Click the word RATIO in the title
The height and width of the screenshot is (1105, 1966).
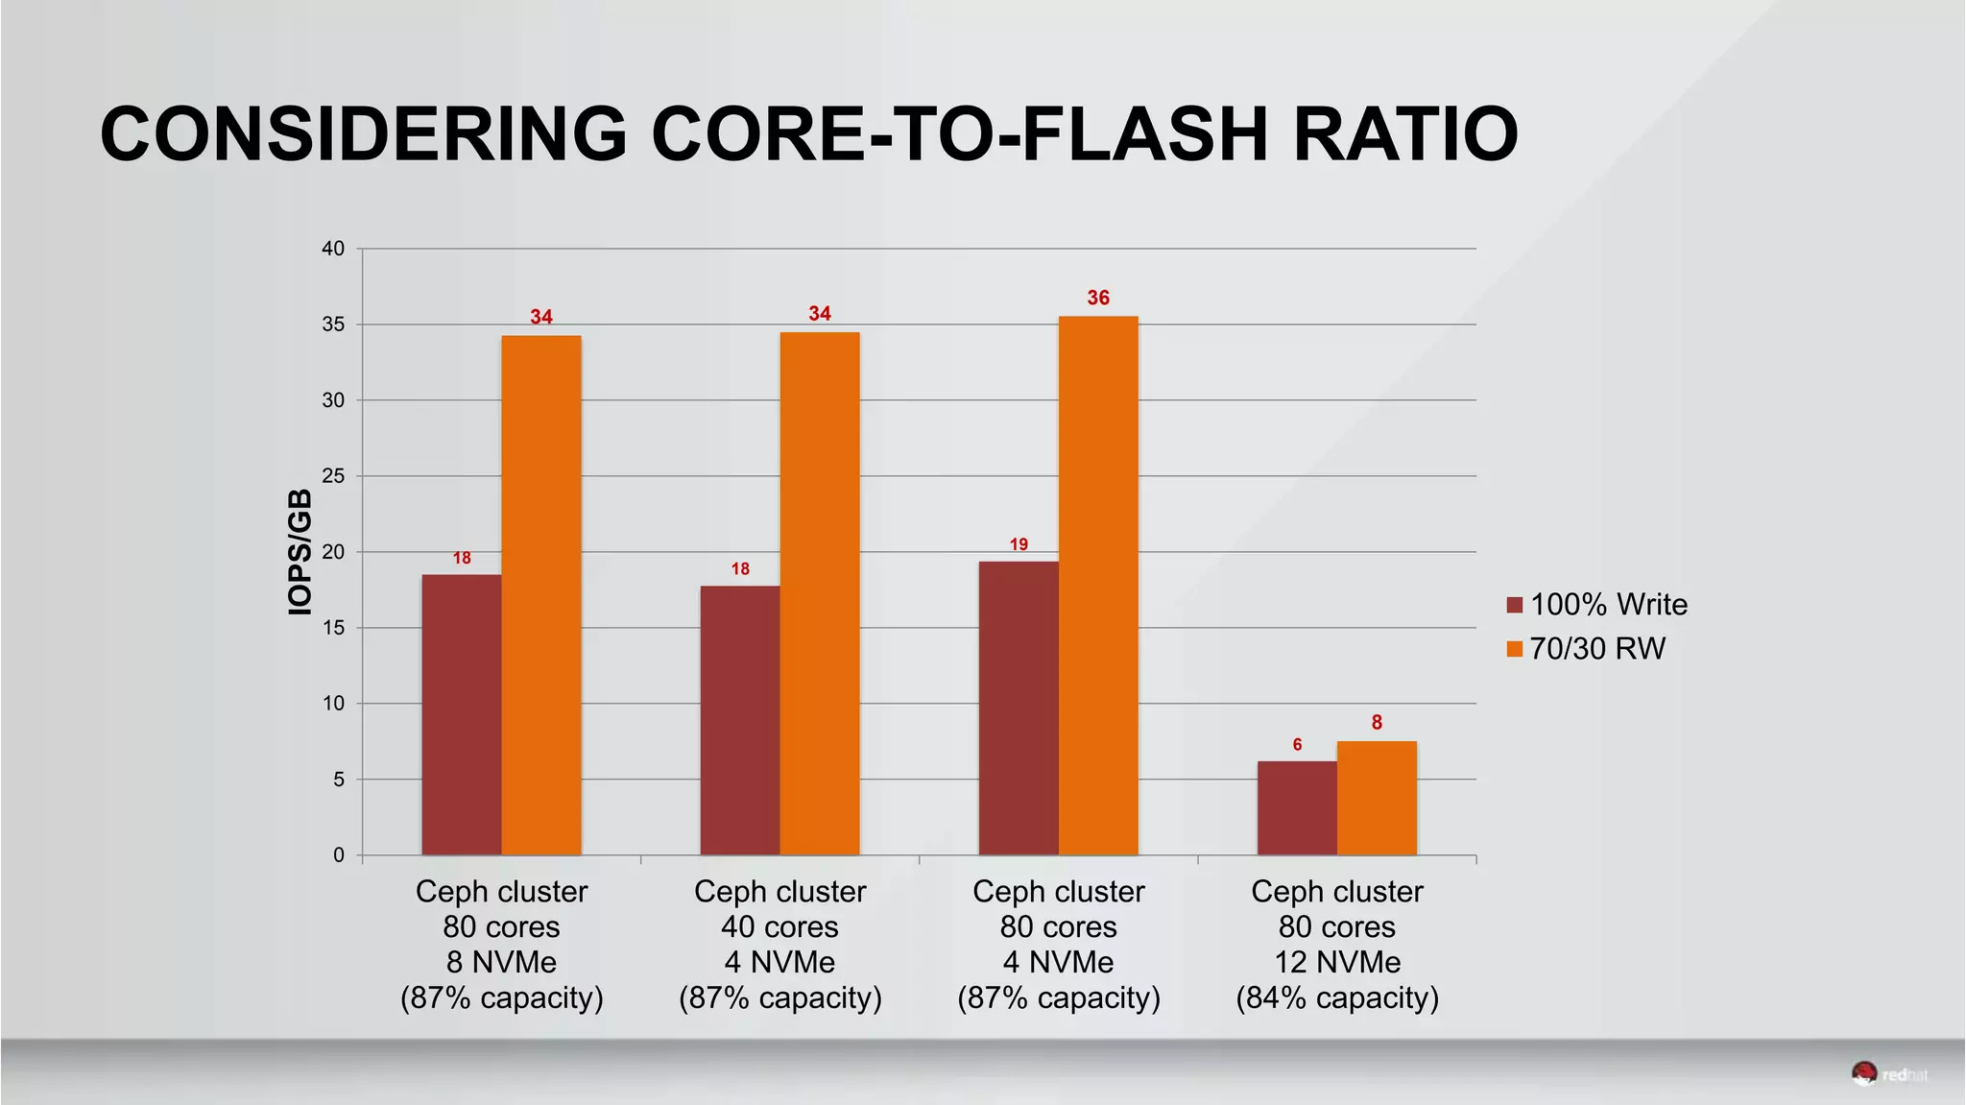point(1404,133)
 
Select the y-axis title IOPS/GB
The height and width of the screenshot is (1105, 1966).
point(300,552)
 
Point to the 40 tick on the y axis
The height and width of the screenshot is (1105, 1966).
point(332,249)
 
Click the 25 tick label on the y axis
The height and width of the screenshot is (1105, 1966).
point(332,476)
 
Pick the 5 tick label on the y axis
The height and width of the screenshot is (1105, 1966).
point(338,780)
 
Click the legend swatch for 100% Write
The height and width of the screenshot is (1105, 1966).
point(1515,605)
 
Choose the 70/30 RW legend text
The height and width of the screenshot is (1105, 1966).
point(1597,649)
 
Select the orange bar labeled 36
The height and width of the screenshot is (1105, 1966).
point(1098,586)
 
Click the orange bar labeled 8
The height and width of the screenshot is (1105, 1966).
point(1377,798)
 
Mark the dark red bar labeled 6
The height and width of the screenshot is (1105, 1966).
point(1297,808)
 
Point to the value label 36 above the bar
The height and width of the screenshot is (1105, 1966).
point(1098,298)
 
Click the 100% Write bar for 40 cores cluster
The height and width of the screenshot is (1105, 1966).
point(740,720)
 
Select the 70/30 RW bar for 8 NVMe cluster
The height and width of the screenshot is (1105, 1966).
point(541,595)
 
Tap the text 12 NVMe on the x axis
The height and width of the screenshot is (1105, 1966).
point(1337,962)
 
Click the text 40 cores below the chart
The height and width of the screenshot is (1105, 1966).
point(779,926)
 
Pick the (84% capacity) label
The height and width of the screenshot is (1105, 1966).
point(1337,997)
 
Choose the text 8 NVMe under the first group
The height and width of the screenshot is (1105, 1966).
point(501,962)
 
